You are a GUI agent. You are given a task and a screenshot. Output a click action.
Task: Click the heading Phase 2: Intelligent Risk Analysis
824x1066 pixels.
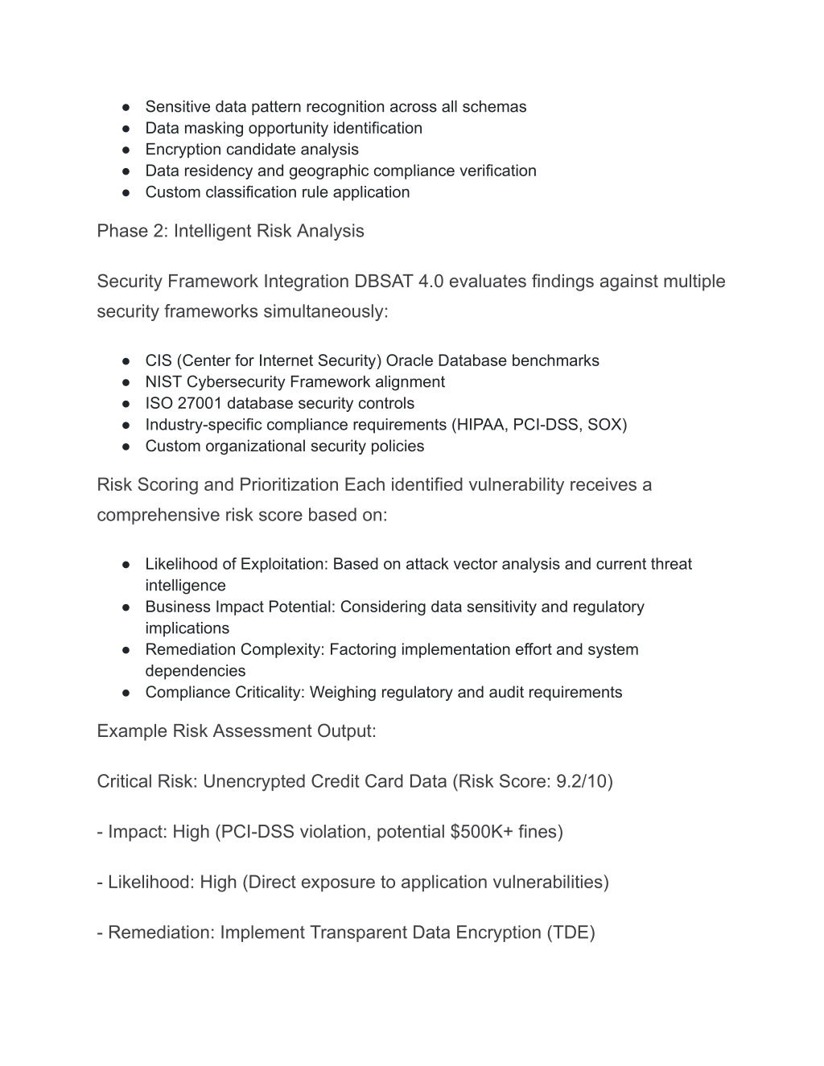230,231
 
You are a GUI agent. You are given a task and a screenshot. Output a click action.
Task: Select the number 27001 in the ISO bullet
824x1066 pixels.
200,403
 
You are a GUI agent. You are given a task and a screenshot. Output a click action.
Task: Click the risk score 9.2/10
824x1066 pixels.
581,781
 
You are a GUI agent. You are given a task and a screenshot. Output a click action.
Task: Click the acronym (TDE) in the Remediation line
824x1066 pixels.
571,932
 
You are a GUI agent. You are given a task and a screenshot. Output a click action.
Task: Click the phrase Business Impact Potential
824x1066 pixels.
240,607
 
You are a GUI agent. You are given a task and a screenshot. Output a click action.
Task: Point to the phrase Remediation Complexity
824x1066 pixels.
233,649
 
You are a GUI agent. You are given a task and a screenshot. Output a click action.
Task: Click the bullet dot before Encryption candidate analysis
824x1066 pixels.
127,150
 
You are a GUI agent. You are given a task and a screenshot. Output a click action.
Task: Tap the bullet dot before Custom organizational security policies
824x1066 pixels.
127,447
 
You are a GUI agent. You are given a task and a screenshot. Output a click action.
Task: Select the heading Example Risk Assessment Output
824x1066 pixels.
237,731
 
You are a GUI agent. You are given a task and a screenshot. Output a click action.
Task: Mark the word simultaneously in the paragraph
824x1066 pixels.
325,311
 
